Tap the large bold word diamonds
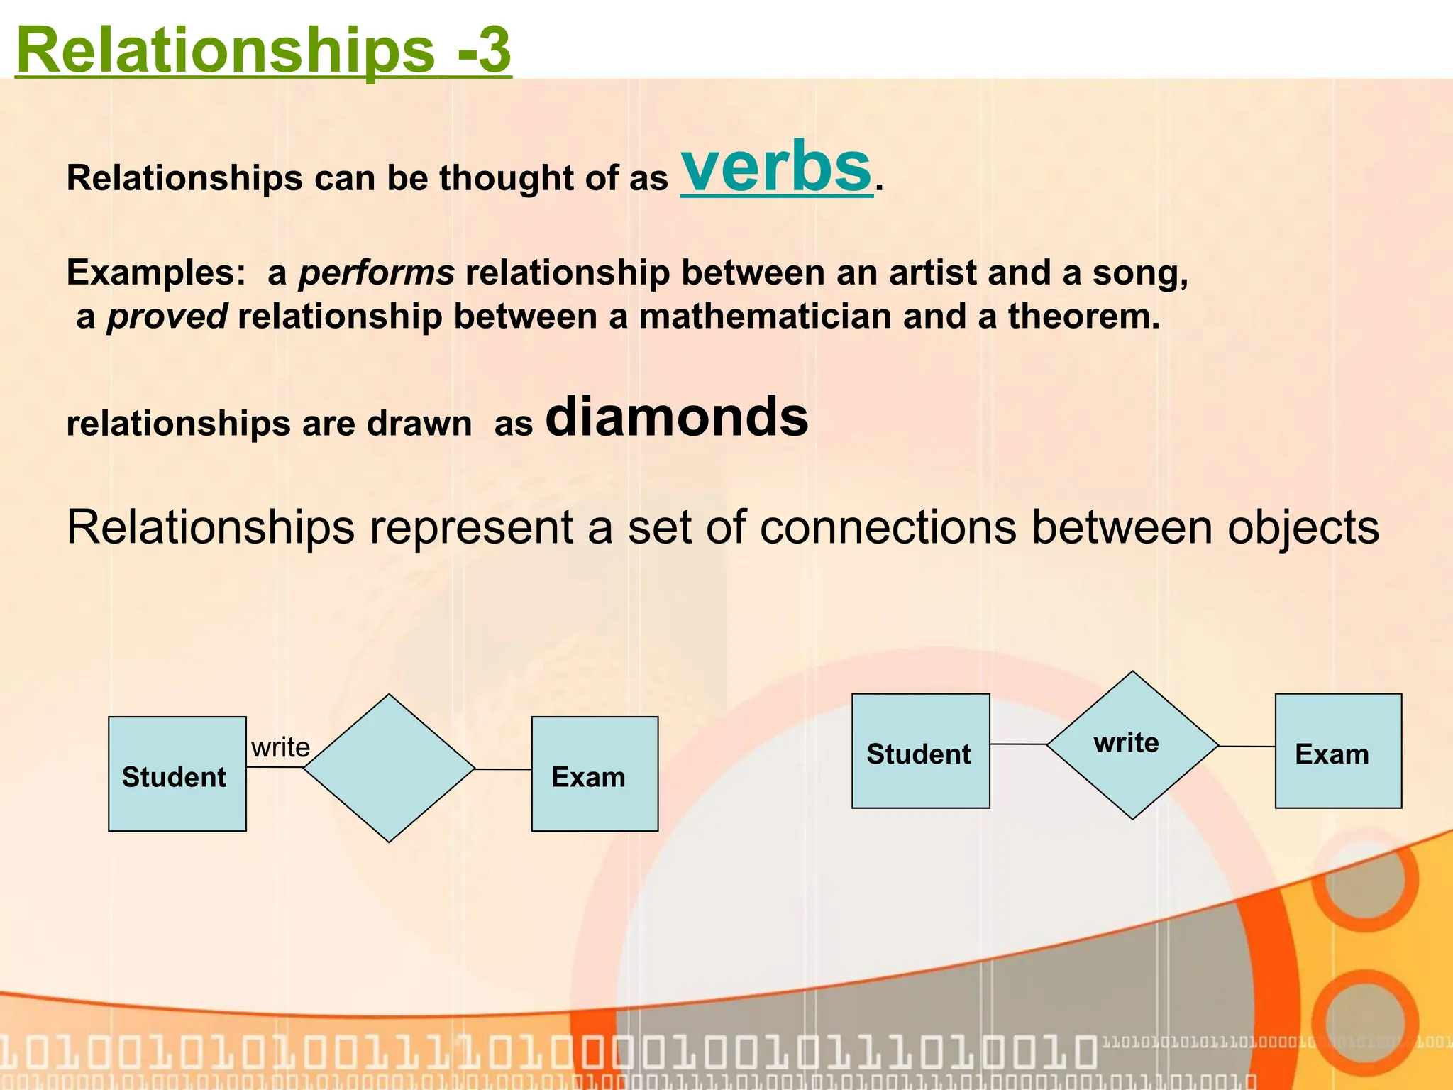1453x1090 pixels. (x=676, y=417)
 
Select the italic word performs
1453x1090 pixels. (x=376, y=273)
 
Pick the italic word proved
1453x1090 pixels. (x=167, y=316)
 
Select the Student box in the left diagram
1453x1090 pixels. (x=177, y=774)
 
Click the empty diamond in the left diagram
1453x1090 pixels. (x=389, y=769)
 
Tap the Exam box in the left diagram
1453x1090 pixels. (x=595, y=774)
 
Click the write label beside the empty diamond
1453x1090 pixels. (x=280, y=747)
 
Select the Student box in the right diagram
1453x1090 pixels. (x=920, y=751)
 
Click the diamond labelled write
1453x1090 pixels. (x=1132, y=744)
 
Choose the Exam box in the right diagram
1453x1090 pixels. (x=1338, y=751)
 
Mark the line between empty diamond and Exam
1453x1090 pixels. (x=503, y=769)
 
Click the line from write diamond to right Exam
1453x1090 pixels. (x=1247, y=747)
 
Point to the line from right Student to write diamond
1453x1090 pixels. (x=1018, y=744)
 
